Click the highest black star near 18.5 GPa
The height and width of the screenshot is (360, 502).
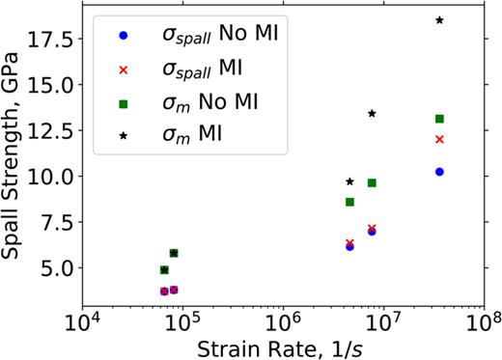click(x=439, y=20)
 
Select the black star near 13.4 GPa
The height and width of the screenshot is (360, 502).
click(x=372, y=114)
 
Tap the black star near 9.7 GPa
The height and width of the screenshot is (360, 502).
click(x=349, y=181)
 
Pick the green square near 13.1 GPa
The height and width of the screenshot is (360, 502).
click(x=439, y=119)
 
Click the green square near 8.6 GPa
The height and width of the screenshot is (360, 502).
click(x=349, y=202)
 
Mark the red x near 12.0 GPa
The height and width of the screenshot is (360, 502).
click(x=439, y=139)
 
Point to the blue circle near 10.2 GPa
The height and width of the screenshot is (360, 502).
click(x=439, y=172)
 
